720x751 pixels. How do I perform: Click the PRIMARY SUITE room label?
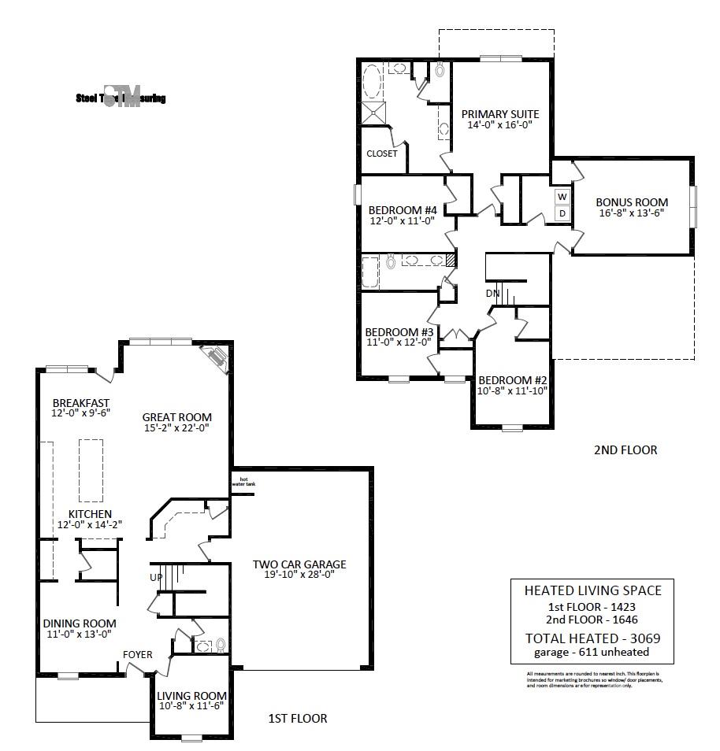coord(500,114)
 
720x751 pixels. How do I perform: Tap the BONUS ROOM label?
coord(631,202)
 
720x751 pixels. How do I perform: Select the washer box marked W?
coord(562,197)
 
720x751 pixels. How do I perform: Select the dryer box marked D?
coord(562,213)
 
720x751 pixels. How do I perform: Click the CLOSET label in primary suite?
coord(382,154)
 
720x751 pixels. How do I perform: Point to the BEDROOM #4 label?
coord(403,209)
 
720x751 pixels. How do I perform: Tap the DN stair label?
coord(492,294)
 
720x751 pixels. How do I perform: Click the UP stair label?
coord(157,577)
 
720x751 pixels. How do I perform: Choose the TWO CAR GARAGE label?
coord(299,564)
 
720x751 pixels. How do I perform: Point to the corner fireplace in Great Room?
coord(215,358)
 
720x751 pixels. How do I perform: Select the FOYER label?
coord(137,654)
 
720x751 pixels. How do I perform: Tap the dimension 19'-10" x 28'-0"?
coord(299,575)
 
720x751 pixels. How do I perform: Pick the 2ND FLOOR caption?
coord(625,450)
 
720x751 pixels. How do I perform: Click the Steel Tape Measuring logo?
coord(121,98)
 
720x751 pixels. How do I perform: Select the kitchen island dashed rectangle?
coord(91,470)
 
